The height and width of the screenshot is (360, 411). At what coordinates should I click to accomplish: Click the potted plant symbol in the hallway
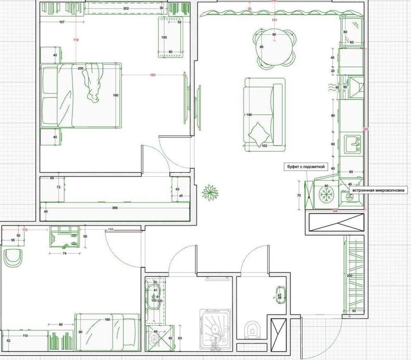[210, 192]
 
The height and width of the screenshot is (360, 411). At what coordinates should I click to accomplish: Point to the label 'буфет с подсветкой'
[306, 167]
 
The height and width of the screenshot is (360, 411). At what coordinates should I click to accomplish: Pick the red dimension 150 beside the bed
[153, 75]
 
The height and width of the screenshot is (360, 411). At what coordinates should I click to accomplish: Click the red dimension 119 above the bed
[76, 40]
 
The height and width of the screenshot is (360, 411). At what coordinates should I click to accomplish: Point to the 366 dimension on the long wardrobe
[115, 208]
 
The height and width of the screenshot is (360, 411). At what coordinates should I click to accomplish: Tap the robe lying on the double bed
[93, 82]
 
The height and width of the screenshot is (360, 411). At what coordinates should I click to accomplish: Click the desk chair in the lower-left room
[13, 258]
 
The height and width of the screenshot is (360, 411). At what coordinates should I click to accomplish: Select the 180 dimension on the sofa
[249, 115]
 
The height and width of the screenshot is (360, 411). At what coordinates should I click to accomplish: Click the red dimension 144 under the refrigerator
[335, 211]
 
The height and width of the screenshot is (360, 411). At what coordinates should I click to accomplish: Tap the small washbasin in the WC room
[280, 295]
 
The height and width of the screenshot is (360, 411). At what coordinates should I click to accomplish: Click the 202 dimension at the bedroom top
[126, 8]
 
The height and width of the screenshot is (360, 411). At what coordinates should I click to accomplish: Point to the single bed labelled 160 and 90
[107, 332]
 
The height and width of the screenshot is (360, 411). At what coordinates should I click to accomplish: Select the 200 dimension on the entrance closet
[349, 275]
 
